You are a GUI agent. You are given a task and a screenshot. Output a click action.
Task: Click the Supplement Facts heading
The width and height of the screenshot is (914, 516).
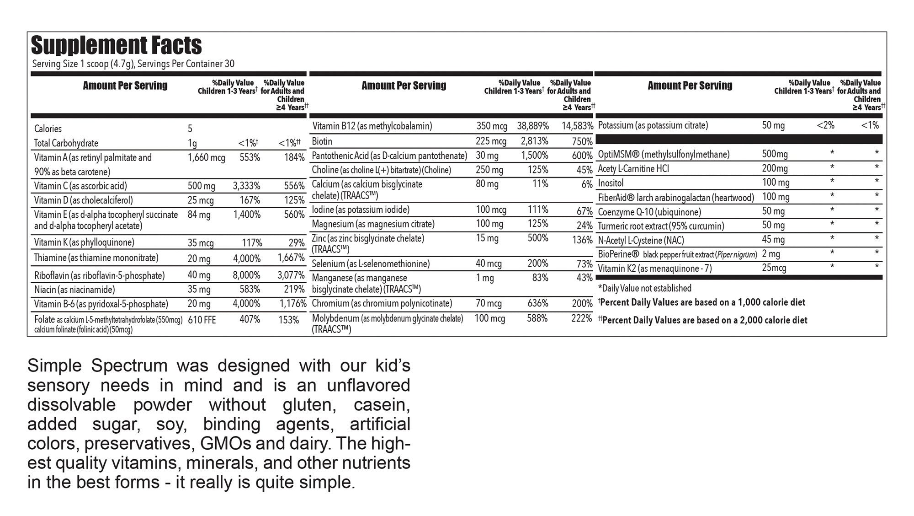[x=116, y=45]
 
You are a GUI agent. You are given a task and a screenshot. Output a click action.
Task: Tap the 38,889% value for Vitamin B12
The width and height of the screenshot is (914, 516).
[x=532, y=126]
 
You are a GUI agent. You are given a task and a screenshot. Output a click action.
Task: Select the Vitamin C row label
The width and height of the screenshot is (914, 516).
[x=80, y=186]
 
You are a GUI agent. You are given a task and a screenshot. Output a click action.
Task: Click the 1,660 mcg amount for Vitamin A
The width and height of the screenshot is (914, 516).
[x=206, y=158]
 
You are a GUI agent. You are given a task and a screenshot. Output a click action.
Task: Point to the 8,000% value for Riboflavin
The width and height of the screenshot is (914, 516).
[x=246, y=275]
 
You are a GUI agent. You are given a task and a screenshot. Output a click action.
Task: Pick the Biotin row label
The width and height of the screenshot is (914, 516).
[x=322, y=141]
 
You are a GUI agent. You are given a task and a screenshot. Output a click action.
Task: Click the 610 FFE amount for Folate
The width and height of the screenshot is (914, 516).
[x=202, y=320]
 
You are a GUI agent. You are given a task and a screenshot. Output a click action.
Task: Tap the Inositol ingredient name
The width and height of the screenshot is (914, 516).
[x=611, y=183]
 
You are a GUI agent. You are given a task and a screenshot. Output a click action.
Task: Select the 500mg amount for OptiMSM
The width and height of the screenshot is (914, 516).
[x=775, y=154]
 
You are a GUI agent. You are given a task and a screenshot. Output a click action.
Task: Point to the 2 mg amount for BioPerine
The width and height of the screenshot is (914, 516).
[x=771, y=254]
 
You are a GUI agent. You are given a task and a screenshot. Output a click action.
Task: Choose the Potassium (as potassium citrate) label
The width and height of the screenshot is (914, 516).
[x=653, y=125]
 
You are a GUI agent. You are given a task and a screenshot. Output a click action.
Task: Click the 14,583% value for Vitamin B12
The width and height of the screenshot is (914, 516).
[x=577, y=126]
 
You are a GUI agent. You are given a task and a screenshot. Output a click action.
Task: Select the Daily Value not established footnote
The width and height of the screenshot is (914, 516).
[x=644, y=288]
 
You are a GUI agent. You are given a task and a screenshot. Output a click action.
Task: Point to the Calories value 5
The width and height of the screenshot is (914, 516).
[x=190, y=129]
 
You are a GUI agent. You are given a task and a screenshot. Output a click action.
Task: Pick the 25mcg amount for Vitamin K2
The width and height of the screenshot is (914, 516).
[x=774, y=268]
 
